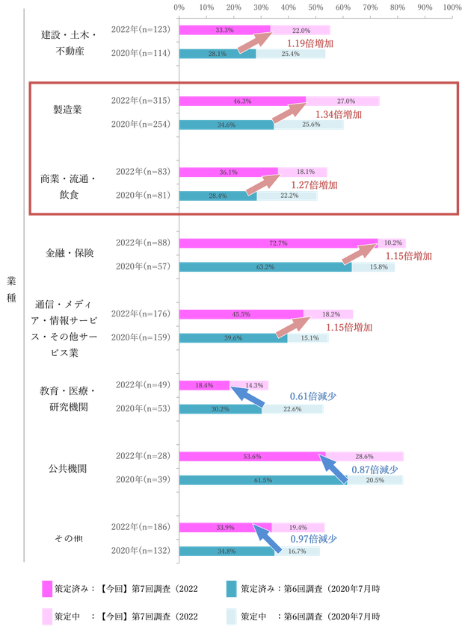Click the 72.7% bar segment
point(279,243)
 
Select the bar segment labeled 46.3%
point(242,101)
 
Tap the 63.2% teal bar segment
point(265,266)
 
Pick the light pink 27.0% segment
point(342,101)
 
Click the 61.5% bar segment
point(263,480)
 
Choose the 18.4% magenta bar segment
point(204,385)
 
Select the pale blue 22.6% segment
point(293,409)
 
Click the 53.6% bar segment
point(253,457)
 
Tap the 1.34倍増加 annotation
point(339,115)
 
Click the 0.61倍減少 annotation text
point(312,396)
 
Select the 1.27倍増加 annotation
point(314,185)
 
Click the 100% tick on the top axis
point(452,6)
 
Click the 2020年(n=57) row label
point(145,266)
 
